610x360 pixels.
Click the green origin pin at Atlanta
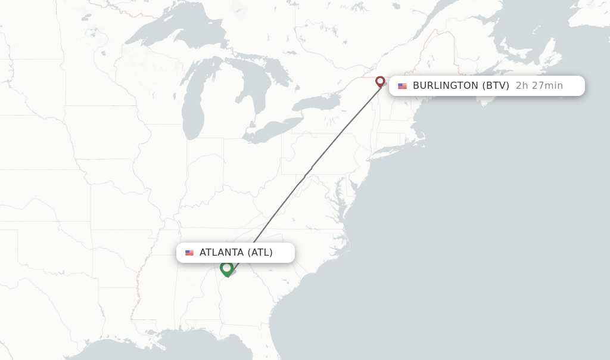(226, 268)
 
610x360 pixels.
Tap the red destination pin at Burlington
(380, 82)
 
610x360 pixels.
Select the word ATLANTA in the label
(222, 253)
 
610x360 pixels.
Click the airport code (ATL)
(260, 253)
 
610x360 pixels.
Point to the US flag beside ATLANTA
(189, 253)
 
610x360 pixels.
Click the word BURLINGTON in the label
(445, 86)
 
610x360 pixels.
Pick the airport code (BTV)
(496, 86)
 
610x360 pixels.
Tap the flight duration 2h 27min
(539, 86)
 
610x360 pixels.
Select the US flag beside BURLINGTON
(403, 86)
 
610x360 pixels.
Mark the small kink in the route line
(307, 173)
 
